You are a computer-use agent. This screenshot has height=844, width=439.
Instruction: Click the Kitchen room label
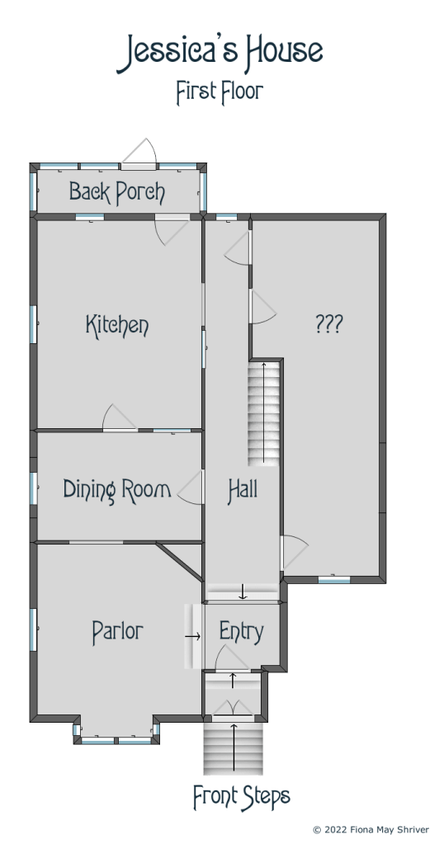point(117,325)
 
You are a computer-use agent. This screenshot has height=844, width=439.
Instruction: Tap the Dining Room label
point(117,489)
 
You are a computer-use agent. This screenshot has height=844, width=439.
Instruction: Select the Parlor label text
point(117,632)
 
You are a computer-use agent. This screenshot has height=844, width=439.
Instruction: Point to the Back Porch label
point(117,191)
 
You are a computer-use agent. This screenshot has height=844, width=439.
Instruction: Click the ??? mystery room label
point(328,323)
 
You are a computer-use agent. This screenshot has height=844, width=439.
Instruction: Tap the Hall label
point(243,490)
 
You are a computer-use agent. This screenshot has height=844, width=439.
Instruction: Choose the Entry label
point(242,632)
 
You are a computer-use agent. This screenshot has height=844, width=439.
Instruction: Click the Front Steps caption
point(242,797)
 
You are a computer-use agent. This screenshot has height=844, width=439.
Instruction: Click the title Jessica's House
point(219,52)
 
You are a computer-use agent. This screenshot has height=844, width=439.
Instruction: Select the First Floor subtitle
point(219,92)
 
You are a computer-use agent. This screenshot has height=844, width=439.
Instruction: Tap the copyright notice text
point(371,829)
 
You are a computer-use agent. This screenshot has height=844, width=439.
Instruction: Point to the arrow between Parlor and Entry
point(193,636)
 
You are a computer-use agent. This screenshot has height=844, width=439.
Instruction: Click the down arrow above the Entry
point(243,592)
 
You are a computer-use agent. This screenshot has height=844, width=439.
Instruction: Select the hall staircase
point(264,413)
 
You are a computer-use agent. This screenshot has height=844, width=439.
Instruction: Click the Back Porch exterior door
point(139,153)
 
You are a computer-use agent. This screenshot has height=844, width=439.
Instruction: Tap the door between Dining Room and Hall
point(191,487)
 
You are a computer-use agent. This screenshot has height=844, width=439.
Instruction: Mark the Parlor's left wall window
point(33,629)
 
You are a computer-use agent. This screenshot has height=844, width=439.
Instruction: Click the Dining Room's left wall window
point(33,488)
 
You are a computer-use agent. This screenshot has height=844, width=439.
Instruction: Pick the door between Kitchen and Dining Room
point(120,418)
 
